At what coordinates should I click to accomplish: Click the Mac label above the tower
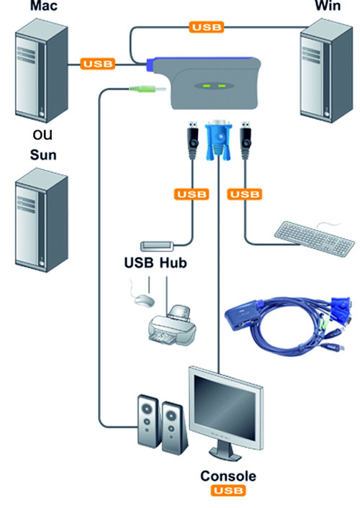(x=44, y=6)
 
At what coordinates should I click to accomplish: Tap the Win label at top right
(x=328, y=6)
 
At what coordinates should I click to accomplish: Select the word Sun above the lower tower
(x=43, y=155)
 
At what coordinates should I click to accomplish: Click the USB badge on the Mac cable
(x=98, y=64)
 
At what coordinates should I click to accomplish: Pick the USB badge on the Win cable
(x=207, y=27)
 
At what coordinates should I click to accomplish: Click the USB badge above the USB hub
(x=192, y=194)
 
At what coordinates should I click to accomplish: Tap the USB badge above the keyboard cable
(x=245, y=194)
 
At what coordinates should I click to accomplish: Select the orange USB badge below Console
(x=228, y=491)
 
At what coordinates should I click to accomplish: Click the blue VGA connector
(x=219, y=140)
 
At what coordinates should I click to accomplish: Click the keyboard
(x=314, y=238)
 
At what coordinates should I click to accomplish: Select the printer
(x=172, y=325)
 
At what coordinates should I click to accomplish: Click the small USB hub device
(x=156, y=246)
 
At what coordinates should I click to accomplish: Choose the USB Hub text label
(x=156, y=263)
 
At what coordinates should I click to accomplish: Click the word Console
(x=228, y=476)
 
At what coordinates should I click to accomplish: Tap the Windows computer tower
(x=326, y=71)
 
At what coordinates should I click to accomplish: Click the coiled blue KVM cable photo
(x=288, y=325)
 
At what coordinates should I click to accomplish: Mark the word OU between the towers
(x=42, y=135)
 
